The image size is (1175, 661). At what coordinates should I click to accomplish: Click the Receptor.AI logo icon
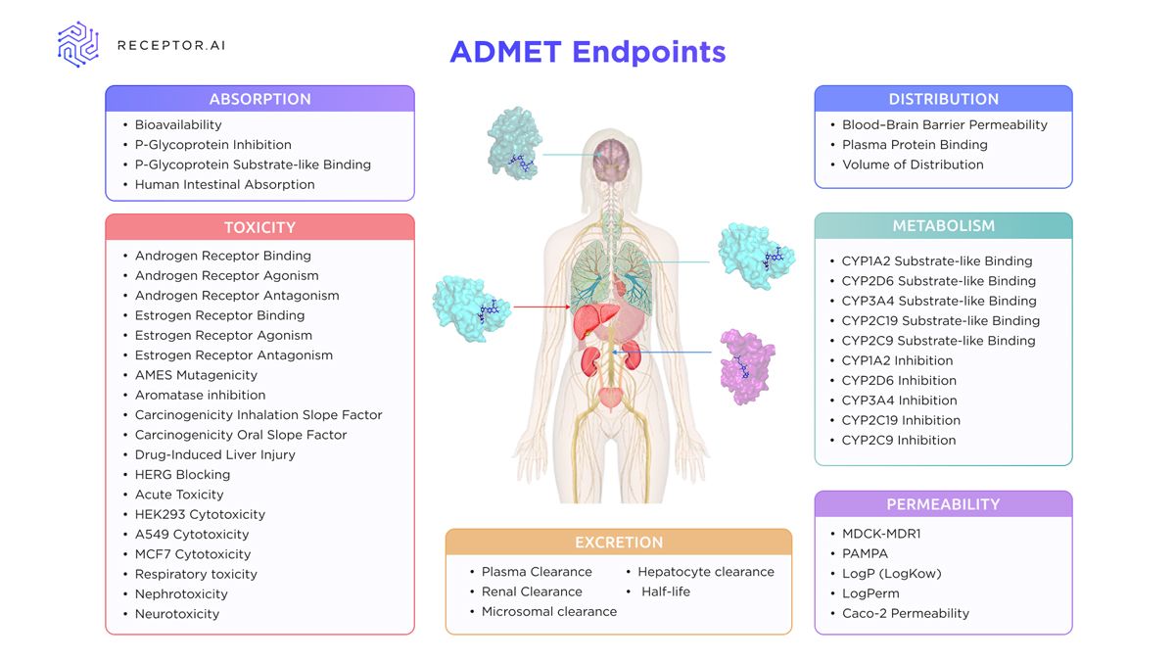pyautogui.click(x=78, y=45)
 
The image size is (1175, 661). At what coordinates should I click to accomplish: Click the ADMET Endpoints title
pyautogui.click(x=587, y=51)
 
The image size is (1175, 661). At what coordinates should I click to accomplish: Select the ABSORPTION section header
pyautogui.click(x=259, y=99)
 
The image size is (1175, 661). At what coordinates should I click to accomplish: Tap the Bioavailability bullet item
pyautogui.click(x=178, y=124)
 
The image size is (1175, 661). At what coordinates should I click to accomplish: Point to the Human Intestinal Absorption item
pyautogui.click(x=224, y=184)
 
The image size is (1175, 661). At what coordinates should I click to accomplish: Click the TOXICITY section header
pyautogui.click(x=259, y=227)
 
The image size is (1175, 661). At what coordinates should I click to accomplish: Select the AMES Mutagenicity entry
pyautogui.click(x=196, y=375)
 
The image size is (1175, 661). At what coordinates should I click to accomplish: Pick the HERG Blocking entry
pyautogui.click(x=182, y=474)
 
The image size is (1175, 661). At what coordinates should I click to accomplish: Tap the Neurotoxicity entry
pyautogui.click(x=177, y=614)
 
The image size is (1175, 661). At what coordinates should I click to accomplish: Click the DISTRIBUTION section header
pyautogui.click(x=943, y=99)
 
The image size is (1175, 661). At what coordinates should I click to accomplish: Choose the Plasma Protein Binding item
pyautogui.click(x=915, y=144)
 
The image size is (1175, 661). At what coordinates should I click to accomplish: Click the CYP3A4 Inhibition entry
pyautogui.click(x=899, y=400)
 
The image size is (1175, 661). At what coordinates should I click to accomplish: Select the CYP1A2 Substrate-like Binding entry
pyautogui.click(x=936, y=260)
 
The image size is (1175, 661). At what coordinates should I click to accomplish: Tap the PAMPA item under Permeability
pyautogui.click(x=865, y=553)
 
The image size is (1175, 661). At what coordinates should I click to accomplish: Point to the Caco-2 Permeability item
pyautogui.click(x=906, y=613)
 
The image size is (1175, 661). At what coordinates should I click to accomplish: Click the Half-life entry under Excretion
pyautogui.click(x=666, y=591)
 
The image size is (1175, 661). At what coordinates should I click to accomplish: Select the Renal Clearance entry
pyautogui.click(x=532, y=591)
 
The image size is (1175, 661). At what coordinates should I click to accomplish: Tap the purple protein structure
pyautogui.click(x=747, y=367)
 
